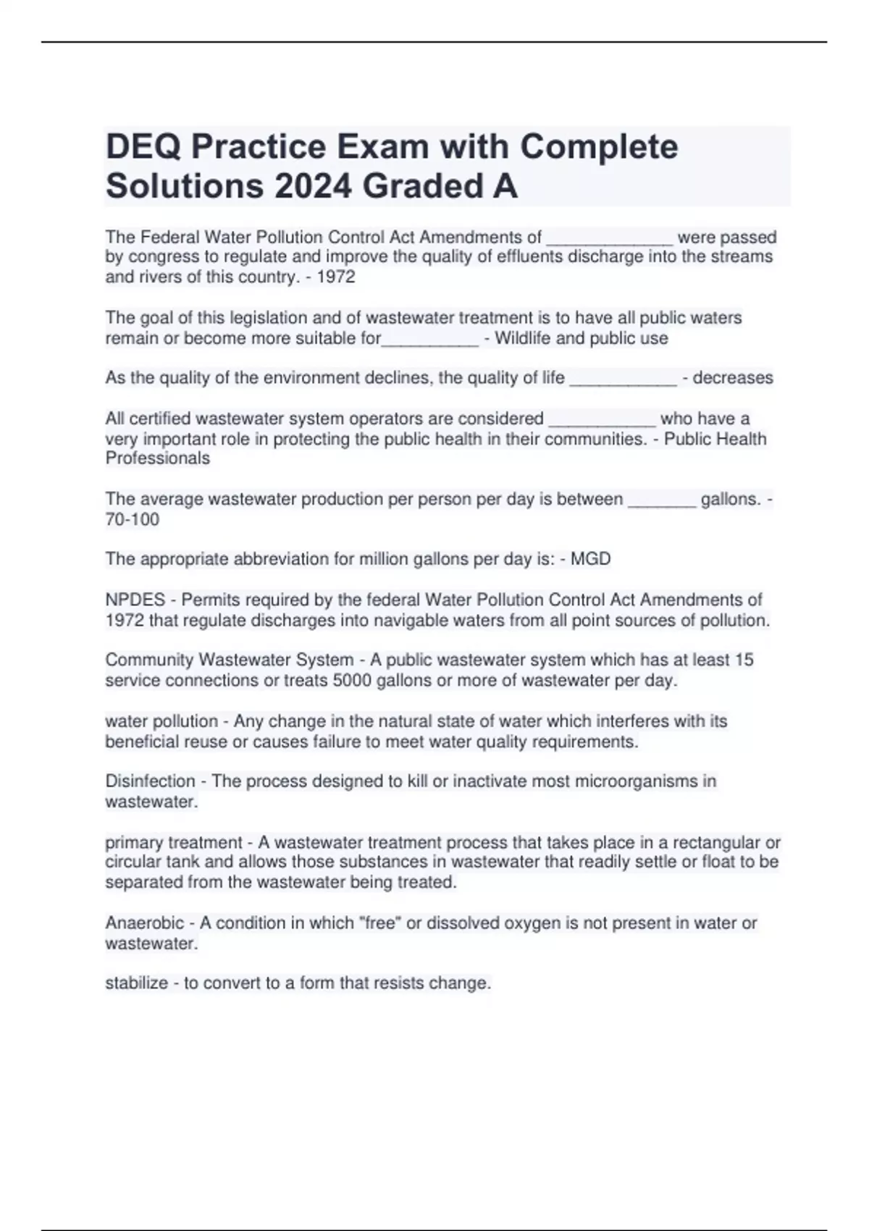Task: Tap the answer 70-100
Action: point(133,520)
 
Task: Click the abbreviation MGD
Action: point(591,559)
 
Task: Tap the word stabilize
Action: point(137,983)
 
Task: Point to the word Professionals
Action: point(158,458)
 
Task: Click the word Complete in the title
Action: point(599,147)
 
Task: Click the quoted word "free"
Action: point(380,923)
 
